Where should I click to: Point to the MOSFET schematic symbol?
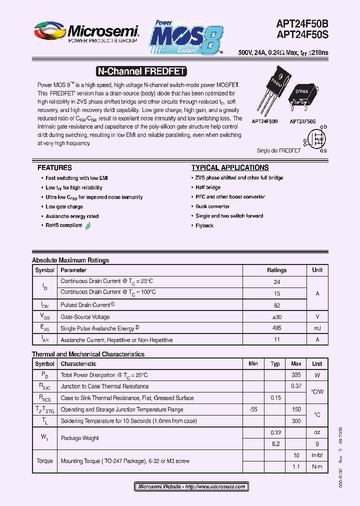click(316, 139)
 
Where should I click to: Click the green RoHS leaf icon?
click(88, 225)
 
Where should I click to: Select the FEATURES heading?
click(54, 168)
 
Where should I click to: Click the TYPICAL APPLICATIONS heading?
click(230, 168)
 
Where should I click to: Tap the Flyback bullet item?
click(204, 225)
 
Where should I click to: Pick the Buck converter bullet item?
click(212, 206)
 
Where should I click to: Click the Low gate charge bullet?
click(64, 206)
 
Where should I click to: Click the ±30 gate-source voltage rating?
click(276, 316)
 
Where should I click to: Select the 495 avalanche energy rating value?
click(276, 328)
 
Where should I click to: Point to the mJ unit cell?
click(317, 328)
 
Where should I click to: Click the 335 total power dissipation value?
click(296, 375)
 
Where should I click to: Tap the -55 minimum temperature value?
click(253, 409)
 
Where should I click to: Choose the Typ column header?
click(275, 364)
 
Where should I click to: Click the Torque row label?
click(44, 461)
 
